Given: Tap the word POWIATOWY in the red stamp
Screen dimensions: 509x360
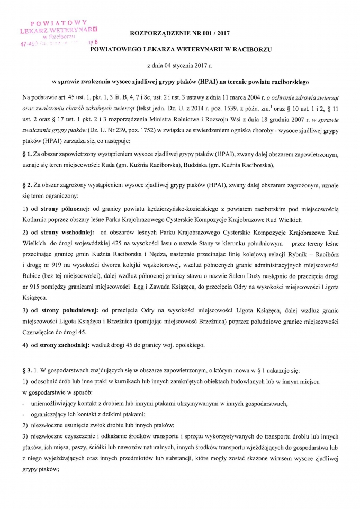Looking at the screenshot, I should tap(59, 23).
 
